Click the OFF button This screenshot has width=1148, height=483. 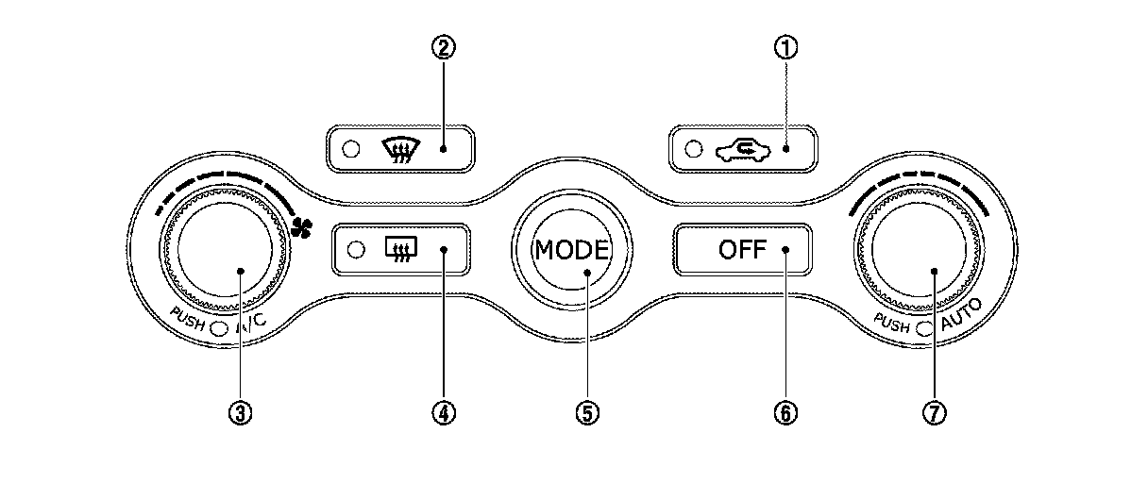(x=741, y=250)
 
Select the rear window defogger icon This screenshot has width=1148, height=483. (x=397, y=250)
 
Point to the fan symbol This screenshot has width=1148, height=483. (x=302, y=226)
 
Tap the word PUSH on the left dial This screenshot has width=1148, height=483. (x=188, y=318)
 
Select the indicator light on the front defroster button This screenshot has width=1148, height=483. (x=351, y=149)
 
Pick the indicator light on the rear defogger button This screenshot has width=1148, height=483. (x=356, y=250)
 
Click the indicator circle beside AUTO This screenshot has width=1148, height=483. (x=923, y=327)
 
